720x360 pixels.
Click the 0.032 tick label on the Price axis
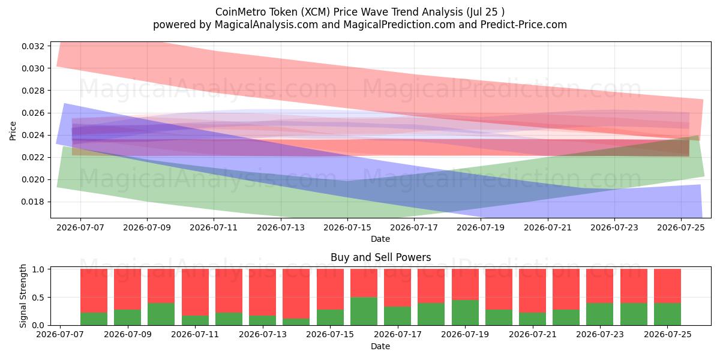coord(33,46)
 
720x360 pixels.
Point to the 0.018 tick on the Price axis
coord(33,202)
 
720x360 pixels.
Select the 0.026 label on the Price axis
coord(33,113)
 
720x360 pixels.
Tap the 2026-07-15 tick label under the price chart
coord(347,227)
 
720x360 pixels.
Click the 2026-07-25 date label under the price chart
coord(681,227)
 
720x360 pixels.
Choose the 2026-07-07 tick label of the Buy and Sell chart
coord(60,334)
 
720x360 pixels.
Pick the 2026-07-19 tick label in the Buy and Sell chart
coord(465,334)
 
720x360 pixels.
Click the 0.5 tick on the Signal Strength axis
coord(38,298)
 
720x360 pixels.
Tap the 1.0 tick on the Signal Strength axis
coord(38,269)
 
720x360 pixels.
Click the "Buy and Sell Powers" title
coord(380,257)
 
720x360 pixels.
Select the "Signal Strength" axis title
coord(23,296)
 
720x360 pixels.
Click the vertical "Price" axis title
coord(13,131)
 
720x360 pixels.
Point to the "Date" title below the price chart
coord(380,239)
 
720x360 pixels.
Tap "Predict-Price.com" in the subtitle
coord(524,25)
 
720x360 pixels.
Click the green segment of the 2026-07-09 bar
coord(128,317)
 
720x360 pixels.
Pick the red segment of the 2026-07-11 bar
coord(195,292)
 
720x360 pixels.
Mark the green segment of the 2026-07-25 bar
coord(667,314)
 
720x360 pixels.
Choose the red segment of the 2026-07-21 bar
coord(532,291)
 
